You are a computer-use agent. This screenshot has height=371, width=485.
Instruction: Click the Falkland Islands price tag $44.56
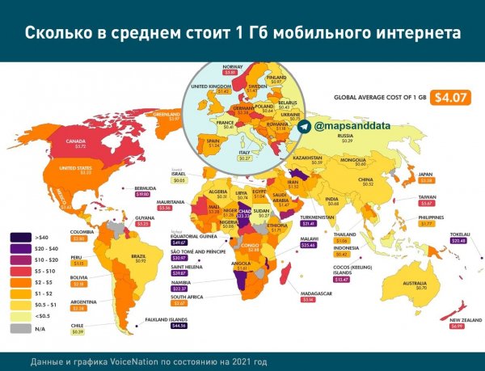(175, 326)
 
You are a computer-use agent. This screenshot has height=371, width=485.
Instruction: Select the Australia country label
(415, 282)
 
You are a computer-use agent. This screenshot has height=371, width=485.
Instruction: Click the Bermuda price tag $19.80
(143, 194)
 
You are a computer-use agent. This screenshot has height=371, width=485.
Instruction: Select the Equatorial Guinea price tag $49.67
(180, 242)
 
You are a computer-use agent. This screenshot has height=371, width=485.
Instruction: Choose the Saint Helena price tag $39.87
(179, 273)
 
